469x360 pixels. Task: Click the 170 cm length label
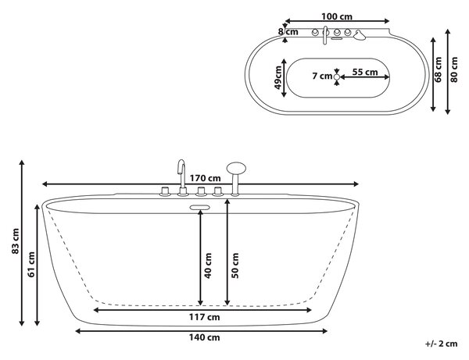click(x=205, y=178)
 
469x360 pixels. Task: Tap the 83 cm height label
click(x=16, y=241)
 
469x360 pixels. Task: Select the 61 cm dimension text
click(x=31, y=265)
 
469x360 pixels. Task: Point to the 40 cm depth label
click(x=208, y=266)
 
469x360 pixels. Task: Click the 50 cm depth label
click(x=235, y=266)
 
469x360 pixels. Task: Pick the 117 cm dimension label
click(x=204, y=317)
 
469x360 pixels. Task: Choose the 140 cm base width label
click(x=204, y=337)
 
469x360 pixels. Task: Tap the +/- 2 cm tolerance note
click(x=441, y=344)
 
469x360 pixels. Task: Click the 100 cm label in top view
click(x=337, y=16)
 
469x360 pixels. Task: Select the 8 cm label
click(x=288, y=32)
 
